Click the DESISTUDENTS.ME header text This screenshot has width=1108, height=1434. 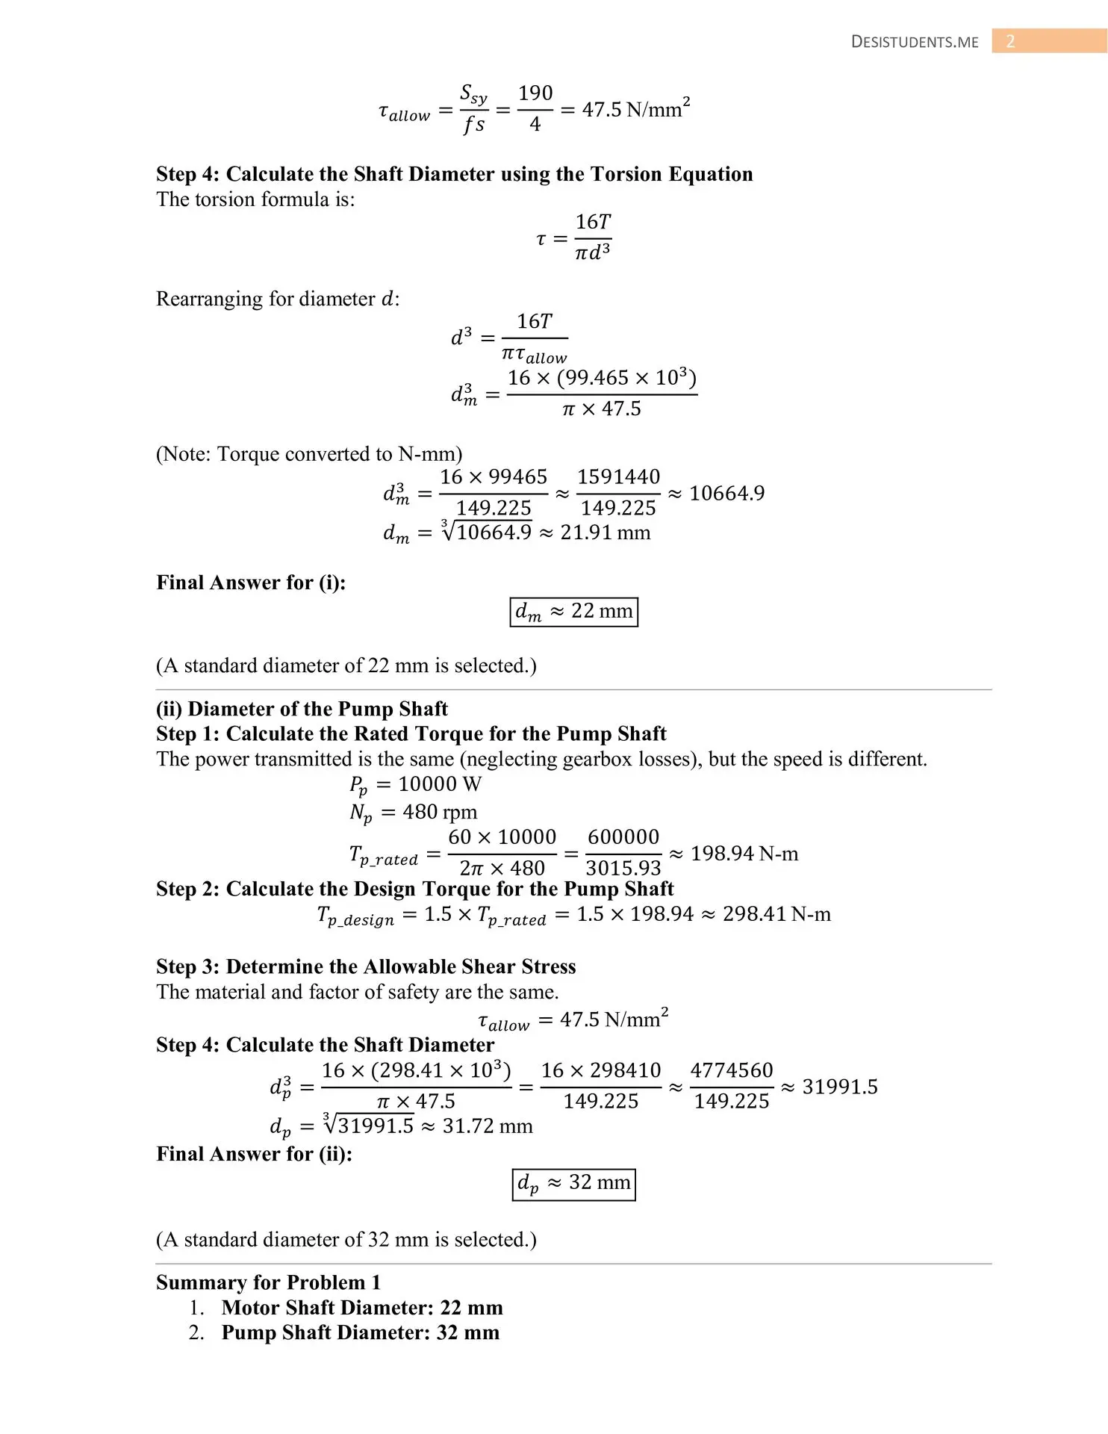(x=914, y=43)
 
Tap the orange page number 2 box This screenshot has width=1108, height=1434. (x=1010, y=41)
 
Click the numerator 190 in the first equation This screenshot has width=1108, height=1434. (x=535, y=93)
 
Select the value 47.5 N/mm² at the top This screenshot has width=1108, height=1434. (x=635, y=109)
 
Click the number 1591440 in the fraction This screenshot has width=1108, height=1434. (x=618, y=477)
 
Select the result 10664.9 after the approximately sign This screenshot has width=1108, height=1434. (x=726, y=493)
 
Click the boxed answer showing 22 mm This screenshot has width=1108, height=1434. (x=573, y=612)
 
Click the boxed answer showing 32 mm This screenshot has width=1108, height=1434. (x=573, y=1183)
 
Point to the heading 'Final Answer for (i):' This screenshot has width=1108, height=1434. (x=251, y=583)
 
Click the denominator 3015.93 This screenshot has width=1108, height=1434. (x=623, y=868)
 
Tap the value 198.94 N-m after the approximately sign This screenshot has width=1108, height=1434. (x=744, y=853)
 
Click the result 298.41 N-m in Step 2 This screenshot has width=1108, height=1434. (x=776, y=914)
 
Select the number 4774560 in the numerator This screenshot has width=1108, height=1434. (x=731, y=1070)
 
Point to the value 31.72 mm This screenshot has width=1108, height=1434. (x=488, y=1126)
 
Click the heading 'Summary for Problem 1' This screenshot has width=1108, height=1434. (x=268, y=1282)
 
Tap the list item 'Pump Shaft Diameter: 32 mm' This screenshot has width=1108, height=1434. (x=360, y=1332)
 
